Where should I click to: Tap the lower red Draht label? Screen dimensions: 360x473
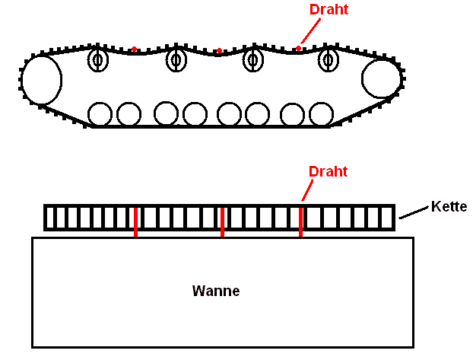point(327,171)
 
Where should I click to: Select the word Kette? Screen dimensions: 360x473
point(449,206)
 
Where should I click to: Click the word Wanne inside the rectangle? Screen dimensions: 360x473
point(216,291)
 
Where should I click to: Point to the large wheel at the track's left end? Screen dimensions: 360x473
point(41,79)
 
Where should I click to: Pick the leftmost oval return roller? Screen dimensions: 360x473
point(99,59)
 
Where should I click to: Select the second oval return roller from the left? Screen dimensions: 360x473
point(176,59)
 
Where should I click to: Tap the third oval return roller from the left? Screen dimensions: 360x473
point(252,59)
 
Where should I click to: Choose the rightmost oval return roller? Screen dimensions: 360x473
point(328,59)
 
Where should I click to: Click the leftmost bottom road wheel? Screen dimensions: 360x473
point(100,114)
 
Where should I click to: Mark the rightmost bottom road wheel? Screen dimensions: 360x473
point(321,114)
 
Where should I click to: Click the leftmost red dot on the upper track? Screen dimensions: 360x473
point(134,49)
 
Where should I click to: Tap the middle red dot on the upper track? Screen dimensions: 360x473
point(219,51)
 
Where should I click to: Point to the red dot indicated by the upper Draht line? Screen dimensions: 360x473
point(298,49)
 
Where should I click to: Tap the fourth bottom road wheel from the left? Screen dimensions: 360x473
point(195,114)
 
